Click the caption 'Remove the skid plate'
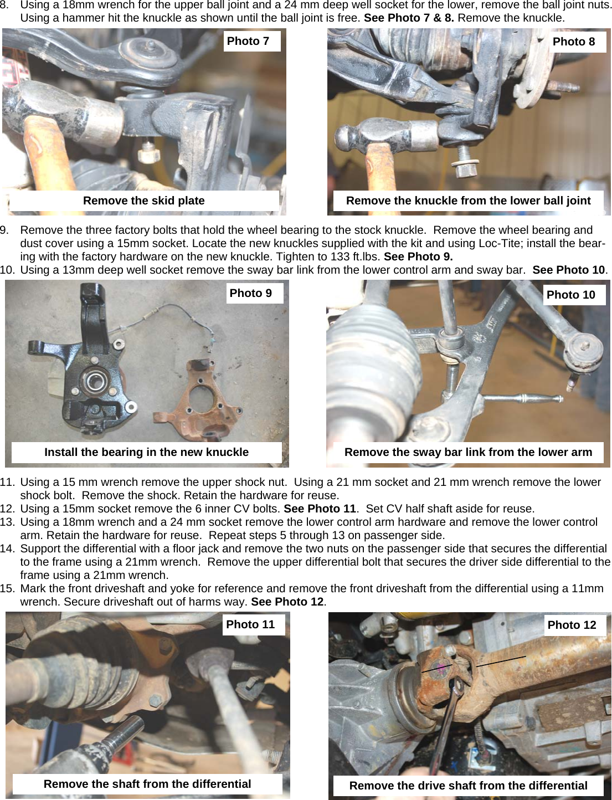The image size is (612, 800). pos(144,201)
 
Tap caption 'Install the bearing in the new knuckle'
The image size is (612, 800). pos(146,452)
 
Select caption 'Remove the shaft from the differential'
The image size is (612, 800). pos(147,784)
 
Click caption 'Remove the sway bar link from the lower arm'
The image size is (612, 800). pos(468,452)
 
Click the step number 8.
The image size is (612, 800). pos(5,5)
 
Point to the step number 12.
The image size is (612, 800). pos(7,509)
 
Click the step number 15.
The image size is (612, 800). pos(7,588)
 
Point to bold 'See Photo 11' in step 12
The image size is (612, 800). pos(320,509)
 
